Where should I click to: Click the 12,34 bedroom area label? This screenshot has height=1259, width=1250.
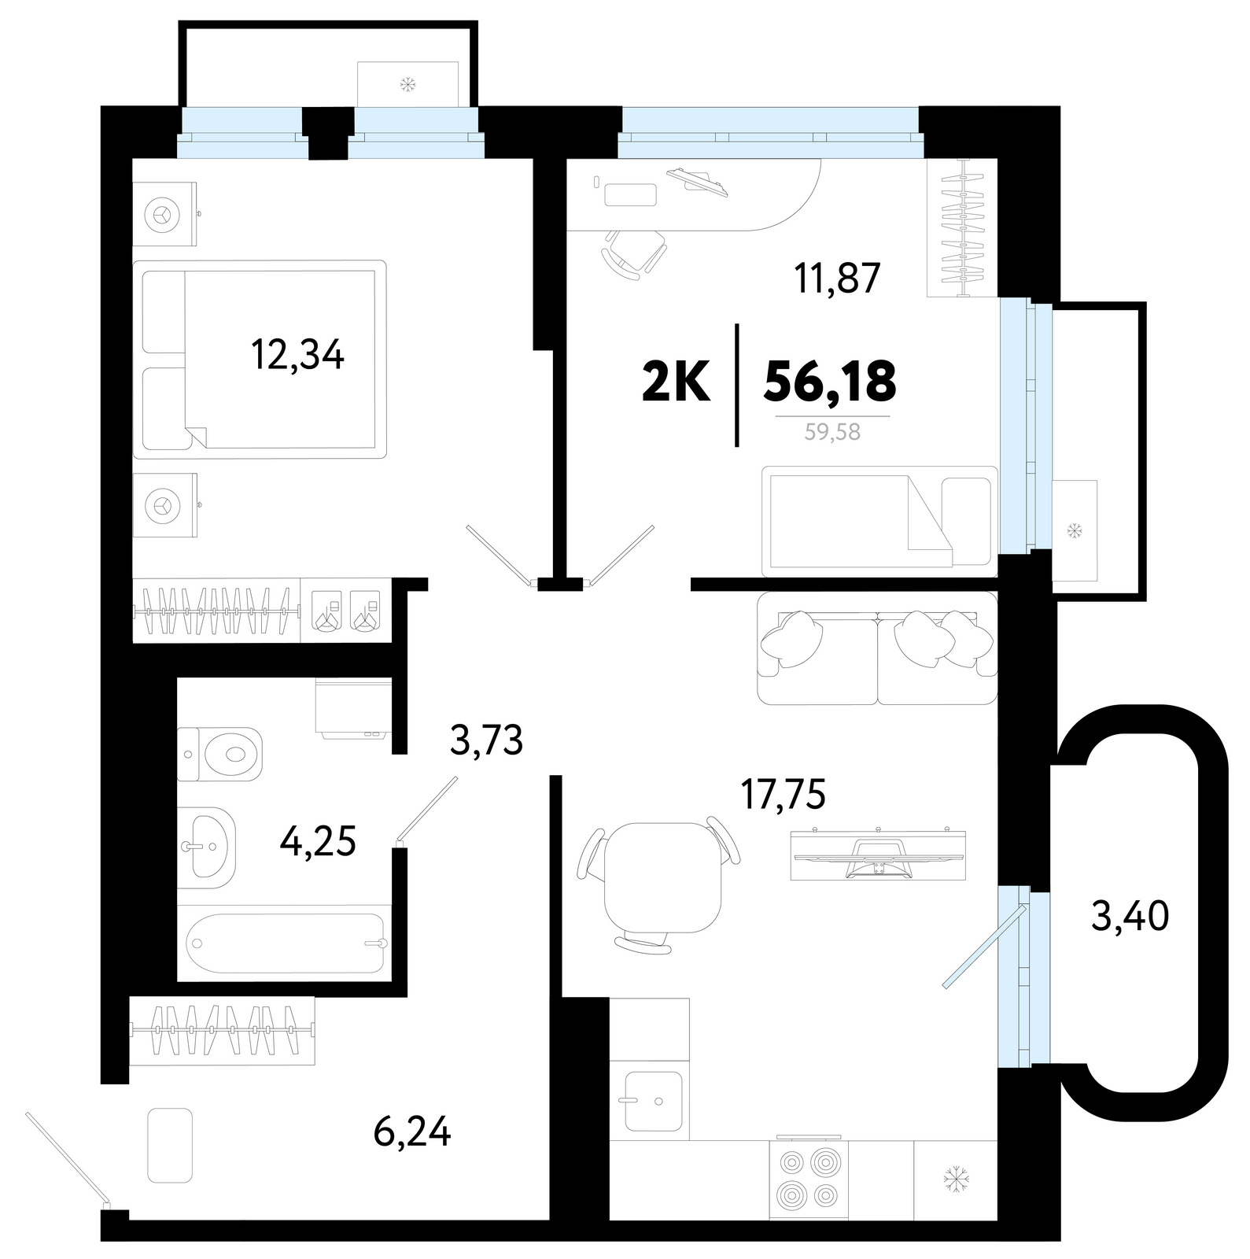[297, 354]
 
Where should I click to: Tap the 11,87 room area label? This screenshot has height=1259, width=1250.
[837, 278]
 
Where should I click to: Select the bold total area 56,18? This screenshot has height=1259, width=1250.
[830, 382]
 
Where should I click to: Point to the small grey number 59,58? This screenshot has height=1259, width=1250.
[833, 432]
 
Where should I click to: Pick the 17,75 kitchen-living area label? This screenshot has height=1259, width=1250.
[783, 794]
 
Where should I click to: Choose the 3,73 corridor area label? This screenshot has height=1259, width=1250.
[487, 740]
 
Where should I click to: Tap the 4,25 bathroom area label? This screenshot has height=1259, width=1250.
[318, 840]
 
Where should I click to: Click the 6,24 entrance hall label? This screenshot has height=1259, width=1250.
[412, 1133]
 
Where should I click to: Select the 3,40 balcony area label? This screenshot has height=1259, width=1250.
[1130, 915]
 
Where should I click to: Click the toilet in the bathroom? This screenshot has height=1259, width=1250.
[219, 754]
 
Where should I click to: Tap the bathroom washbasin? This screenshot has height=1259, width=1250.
[207, 847]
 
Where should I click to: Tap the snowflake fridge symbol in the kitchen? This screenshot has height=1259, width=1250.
[956, 1179]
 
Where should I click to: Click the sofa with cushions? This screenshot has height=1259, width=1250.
[877, 648]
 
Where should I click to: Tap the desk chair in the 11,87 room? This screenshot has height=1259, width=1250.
[634, 253]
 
